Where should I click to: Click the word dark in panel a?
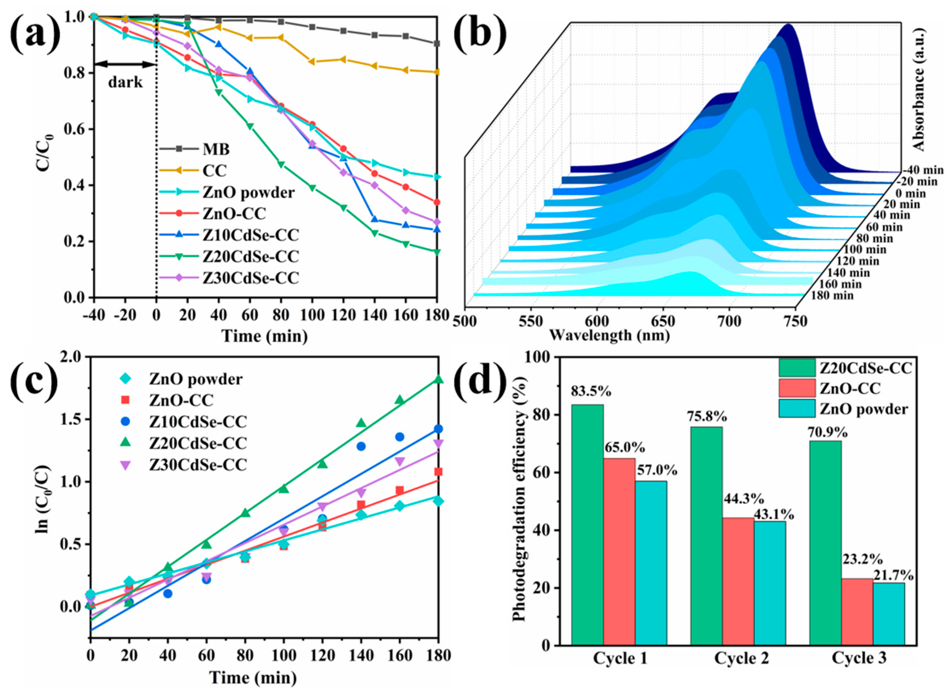(x=125, y=82)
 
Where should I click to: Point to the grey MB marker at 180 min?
(x=437, y=43)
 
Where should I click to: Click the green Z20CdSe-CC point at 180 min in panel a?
(x=437, y=252)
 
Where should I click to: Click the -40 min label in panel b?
(x=923, y=171)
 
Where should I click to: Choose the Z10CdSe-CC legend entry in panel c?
(x=197, y=421)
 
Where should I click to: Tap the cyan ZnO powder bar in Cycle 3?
(x=888, y=614)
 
